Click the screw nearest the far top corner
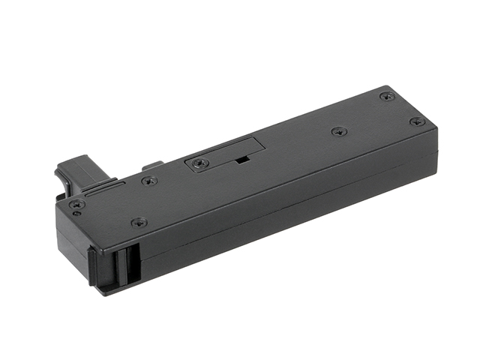(x=387, y=96)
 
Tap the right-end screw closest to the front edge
(x=418, y=121)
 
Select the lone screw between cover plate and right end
(x=338, y=131)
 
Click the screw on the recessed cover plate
(x=197, y=162)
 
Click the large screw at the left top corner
(x=73, y=203)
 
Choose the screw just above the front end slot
(x=138, y=222)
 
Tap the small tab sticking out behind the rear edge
(x=153, y=164)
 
